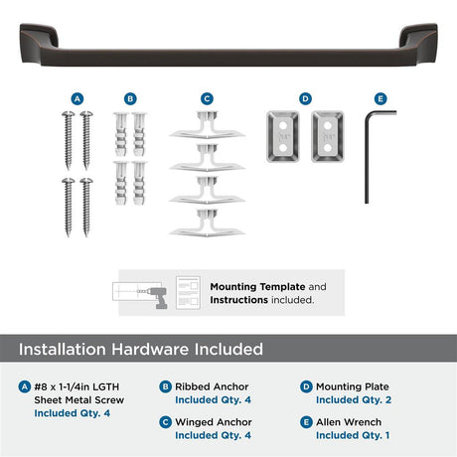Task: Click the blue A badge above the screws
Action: pyautogui.click(x=77, y=98)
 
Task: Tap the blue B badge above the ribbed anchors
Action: pyautogui.click(x=130, y=98)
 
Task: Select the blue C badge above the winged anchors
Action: pyautogui.click(x=207, y=98)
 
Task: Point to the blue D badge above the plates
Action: pyautogui.click(x=305, y=98)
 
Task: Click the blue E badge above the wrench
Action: pyautogui.click(x=381, y=98)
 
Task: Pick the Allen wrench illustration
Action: pyautogui.click(x=367, y=157)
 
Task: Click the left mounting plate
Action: pyautogui.click(x=283, y=136)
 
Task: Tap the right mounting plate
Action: pyautogui.click(x=328, y=136)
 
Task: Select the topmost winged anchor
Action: pyautogui.click(x=207, y=125)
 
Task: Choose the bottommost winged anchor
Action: pyautogui.click(x=207, y=224)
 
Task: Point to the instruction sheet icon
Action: pyautogui.click(x=188, y=293)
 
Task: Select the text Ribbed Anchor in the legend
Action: pyautogui.click(x=212, y=386)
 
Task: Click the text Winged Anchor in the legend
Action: pyautogui.click(x=214, y=422)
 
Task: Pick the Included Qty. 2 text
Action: pyautogui.click(x=354, y=400)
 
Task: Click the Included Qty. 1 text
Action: pyautogui.click(x=353, y=435)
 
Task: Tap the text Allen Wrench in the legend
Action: pyautogui.click(x=349, y=422)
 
